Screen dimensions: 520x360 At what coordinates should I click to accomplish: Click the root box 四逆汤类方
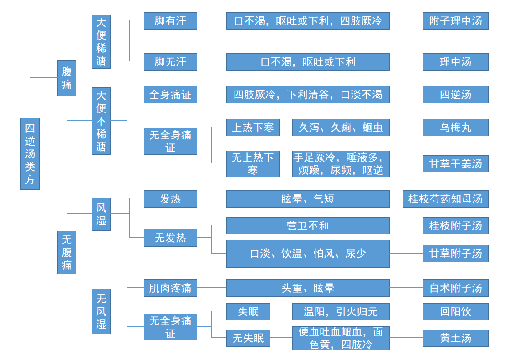pyautogui.click(x=30, y=154)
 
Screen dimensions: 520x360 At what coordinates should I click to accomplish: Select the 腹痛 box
pyautogui.click(x=67, y=78)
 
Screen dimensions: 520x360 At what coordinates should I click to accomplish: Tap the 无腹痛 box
pyautogui.click(x=67, y=252)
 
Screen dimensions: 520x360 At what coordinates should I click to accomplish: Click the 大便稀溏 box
pyautogui.click(x=101, y=41)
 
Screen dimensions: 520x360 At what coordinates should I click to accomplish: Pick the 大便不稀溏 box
pyautogui.click(x=101, y=121)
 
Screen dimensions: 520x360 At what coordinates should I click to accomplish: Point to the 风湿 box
pyautogui.click(x=101, y=214)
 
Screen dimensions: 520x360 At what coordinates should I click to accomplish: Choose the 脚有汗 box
pyautogui.click(x=170, y=21)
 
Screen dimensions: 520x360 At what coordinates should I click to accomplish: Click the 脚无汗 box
pyautogui.click(x=170, y=61)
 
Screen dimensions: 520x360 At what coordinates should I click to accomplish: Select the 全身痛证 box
pyautogui.click(x=170, y=95)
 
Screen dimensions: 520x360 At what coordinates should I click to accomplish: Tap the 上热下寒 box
pyautogui.click(x=253, y=127)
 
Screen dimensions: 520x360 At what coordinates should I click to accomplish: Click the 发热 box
pyautogui.click(x=170, y=199)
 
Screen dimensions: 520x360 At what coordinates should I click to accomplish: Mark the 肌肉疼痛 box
pyautogui.click(x=170, y=288)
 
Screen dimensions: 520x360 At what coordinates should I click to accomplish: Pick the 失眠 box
pyautogui.click(x=249, y=312)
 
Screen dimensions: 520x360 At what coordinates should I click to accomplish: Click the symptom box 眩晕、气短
pyautogui.click(x=308, y=199)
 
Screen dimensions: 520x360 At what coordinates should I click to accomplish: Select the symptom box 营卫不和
pyautogui.click(x=308, y=226)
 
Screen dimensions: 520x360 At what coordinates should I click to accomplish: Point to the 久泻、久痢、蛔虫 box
pyautogui.click(x=341, y=127)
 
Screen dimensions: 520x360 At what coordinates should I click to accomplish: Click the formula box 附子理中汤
pyautogui.click(x=456, y=21)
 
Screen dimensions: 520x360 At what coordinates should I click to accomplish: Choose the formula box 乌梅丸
pyautogui.click(x=456, y=127)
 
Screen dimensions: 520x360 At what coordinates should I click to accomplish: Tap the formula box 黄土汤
pyautogui.click(x=456, y=338)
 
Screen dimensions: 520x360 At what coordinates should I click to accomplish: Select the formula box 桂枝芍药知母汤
pyautogui.click(x=445, y=199)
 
